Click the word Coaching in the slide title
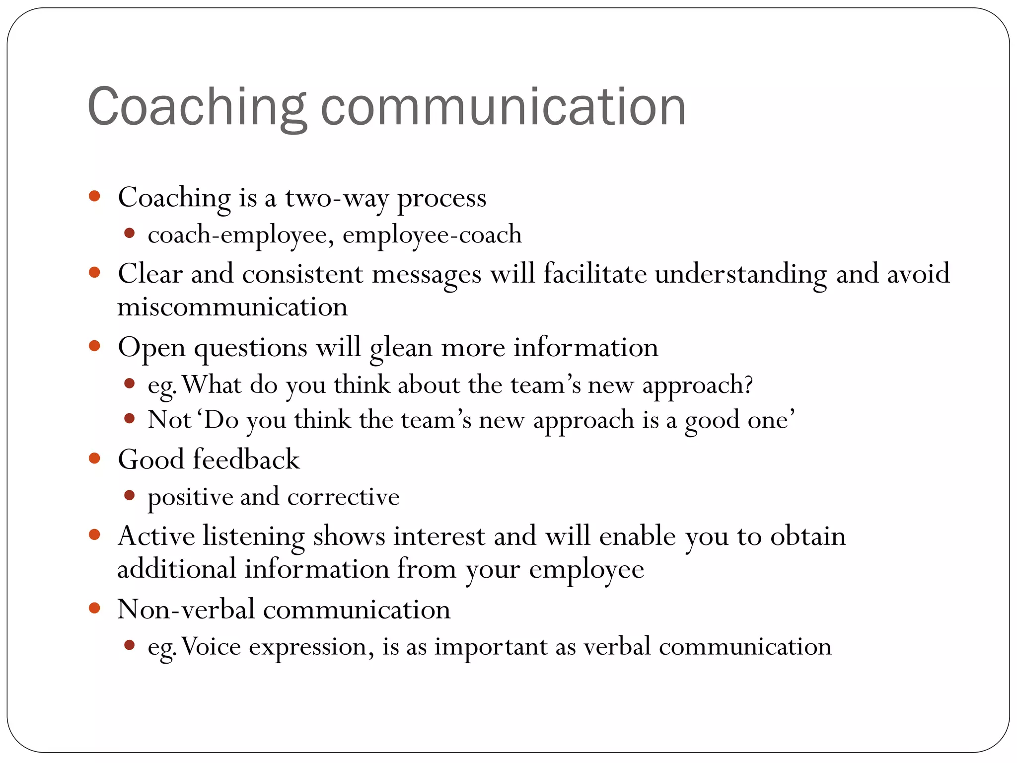(x=197, y=107)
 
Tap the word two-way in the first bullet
(x=337, y=198)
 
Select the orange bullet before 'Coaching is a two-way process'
(x=94, y=196)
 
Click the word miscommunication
(x=232, y=307)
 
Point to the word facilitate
(x=594, y=273)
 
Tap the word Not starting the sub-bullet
(x=169, y=420)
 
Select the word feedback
(x=246, y=459)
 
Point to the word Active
(x=156, y=536)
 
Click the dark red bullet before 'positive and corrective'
(x=130, y=495)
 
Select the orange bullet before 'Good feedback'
(x=94, y=458)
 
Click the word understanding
(x=741, y=274)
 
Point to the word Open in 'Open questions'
(x=151, y=348)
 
